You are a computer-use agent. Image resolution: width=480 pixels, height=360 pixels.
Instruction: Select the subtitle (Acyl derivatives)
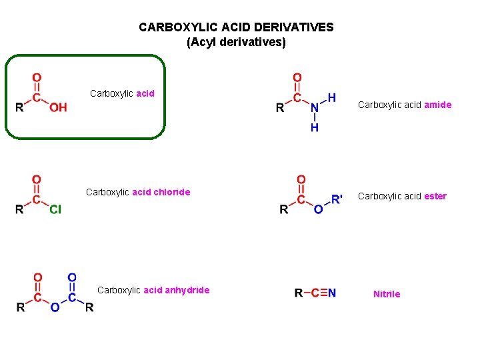point(236,42)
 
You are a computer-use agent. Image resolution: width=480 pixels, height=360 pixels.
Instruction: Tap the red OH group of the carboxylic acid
point(58,107)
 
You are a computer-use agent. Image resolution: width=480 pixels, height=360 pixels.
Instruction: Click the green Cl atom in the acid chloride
point(55,209)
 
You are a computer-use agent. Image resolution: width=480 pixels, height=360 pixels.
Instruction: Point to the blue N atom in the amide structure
point(315,108)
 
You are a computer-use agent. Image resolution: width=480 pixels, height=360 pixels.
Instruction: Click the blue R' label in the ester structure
point(337,198)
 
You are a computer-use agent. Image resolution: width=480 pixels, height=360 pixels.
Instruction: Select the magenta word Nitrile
point(387,294)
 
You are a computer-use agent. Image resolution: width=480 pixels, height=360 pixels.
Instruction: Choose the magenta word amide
point(438,105)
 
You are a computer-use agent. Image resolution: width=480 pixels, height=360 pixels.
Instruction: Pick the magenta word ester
point(435,196)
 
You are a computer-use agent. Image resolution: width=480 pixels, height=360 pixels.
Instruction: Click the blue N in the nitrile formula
point(332,293)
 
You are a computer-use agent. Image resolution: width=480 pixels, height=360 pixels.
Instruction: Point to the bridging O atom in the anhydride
point(55,307)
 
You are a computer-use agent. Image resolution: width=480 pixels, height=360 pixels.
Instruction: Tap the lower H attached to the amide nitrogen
point(315,127)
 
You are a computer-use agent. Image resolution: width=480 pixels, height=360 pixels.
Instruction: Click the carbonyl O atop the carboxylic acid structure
point(37,78)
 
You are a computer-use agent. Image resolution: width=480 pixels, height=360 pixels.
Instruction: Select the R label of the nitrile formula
point(298,293)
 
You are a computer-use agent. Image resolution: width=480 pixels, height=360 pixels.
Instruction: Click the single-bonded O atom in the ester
point(318,209)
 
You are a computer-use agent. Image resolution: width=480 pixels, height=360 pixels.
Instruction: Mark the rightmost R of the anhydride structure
point(89,307)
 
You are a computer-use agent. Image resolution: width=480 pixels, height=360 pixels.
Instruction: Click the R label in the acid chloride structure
point(20,209)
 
